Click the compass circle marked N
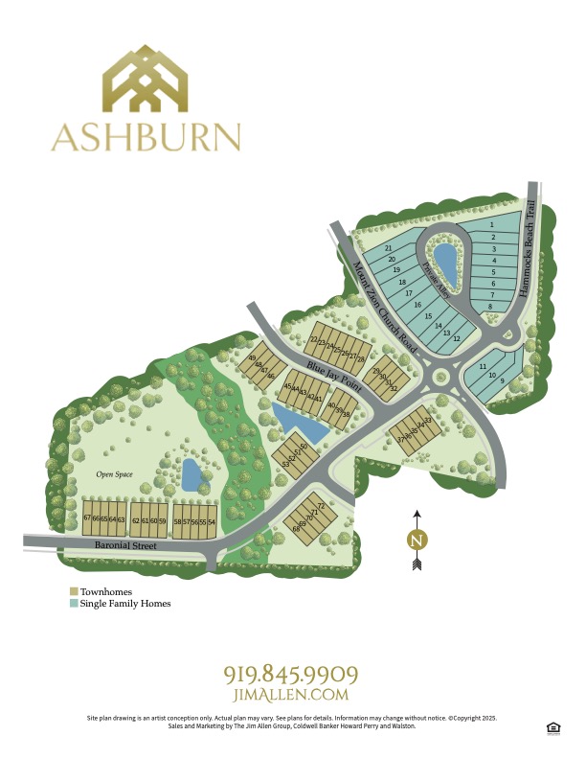coord(417,540)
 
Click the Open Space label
coord(114,474)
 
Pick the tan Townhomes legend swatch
coord(74,592)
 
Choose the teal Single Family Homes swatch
coord(74,604)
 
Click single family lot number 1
coord(491,224)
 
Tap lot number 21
coord(389,248)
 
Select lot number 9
coord(502,380)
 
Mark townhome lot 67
coord(87,518)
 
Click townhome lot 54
coord(212,521)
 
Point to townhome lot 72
coord(321,505)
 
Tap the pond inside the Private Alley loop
coord(445,256)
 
